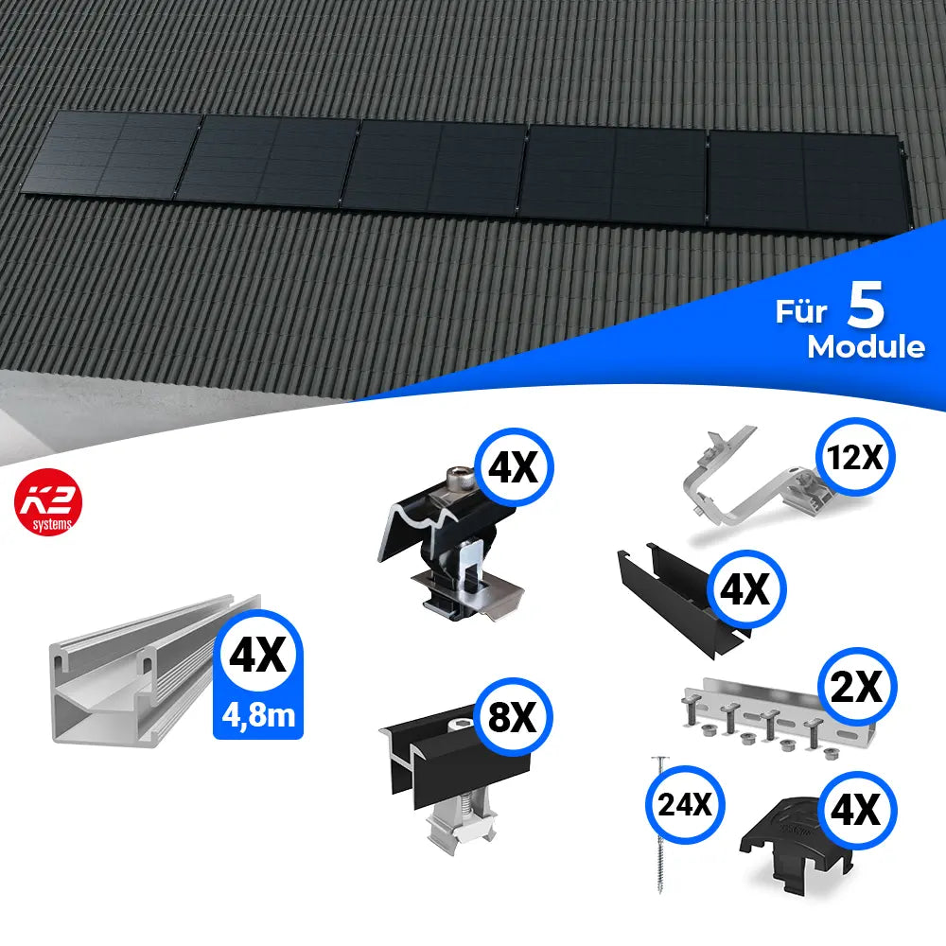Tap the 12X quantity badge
(x=855, y=457)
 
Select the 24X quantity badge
(x=685, y=805)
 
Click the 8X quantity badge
(x=512, y=717)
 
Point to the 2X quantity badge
(x=857, y=687)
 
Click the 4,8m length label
(x=258, y=716)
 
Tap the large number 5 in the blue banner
(x=866, y=305)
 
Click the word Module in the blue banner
(x=866, y=347)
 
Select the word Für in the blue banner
(x=801, y=311)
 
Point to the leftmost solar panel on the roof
(x=112, y=156)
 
